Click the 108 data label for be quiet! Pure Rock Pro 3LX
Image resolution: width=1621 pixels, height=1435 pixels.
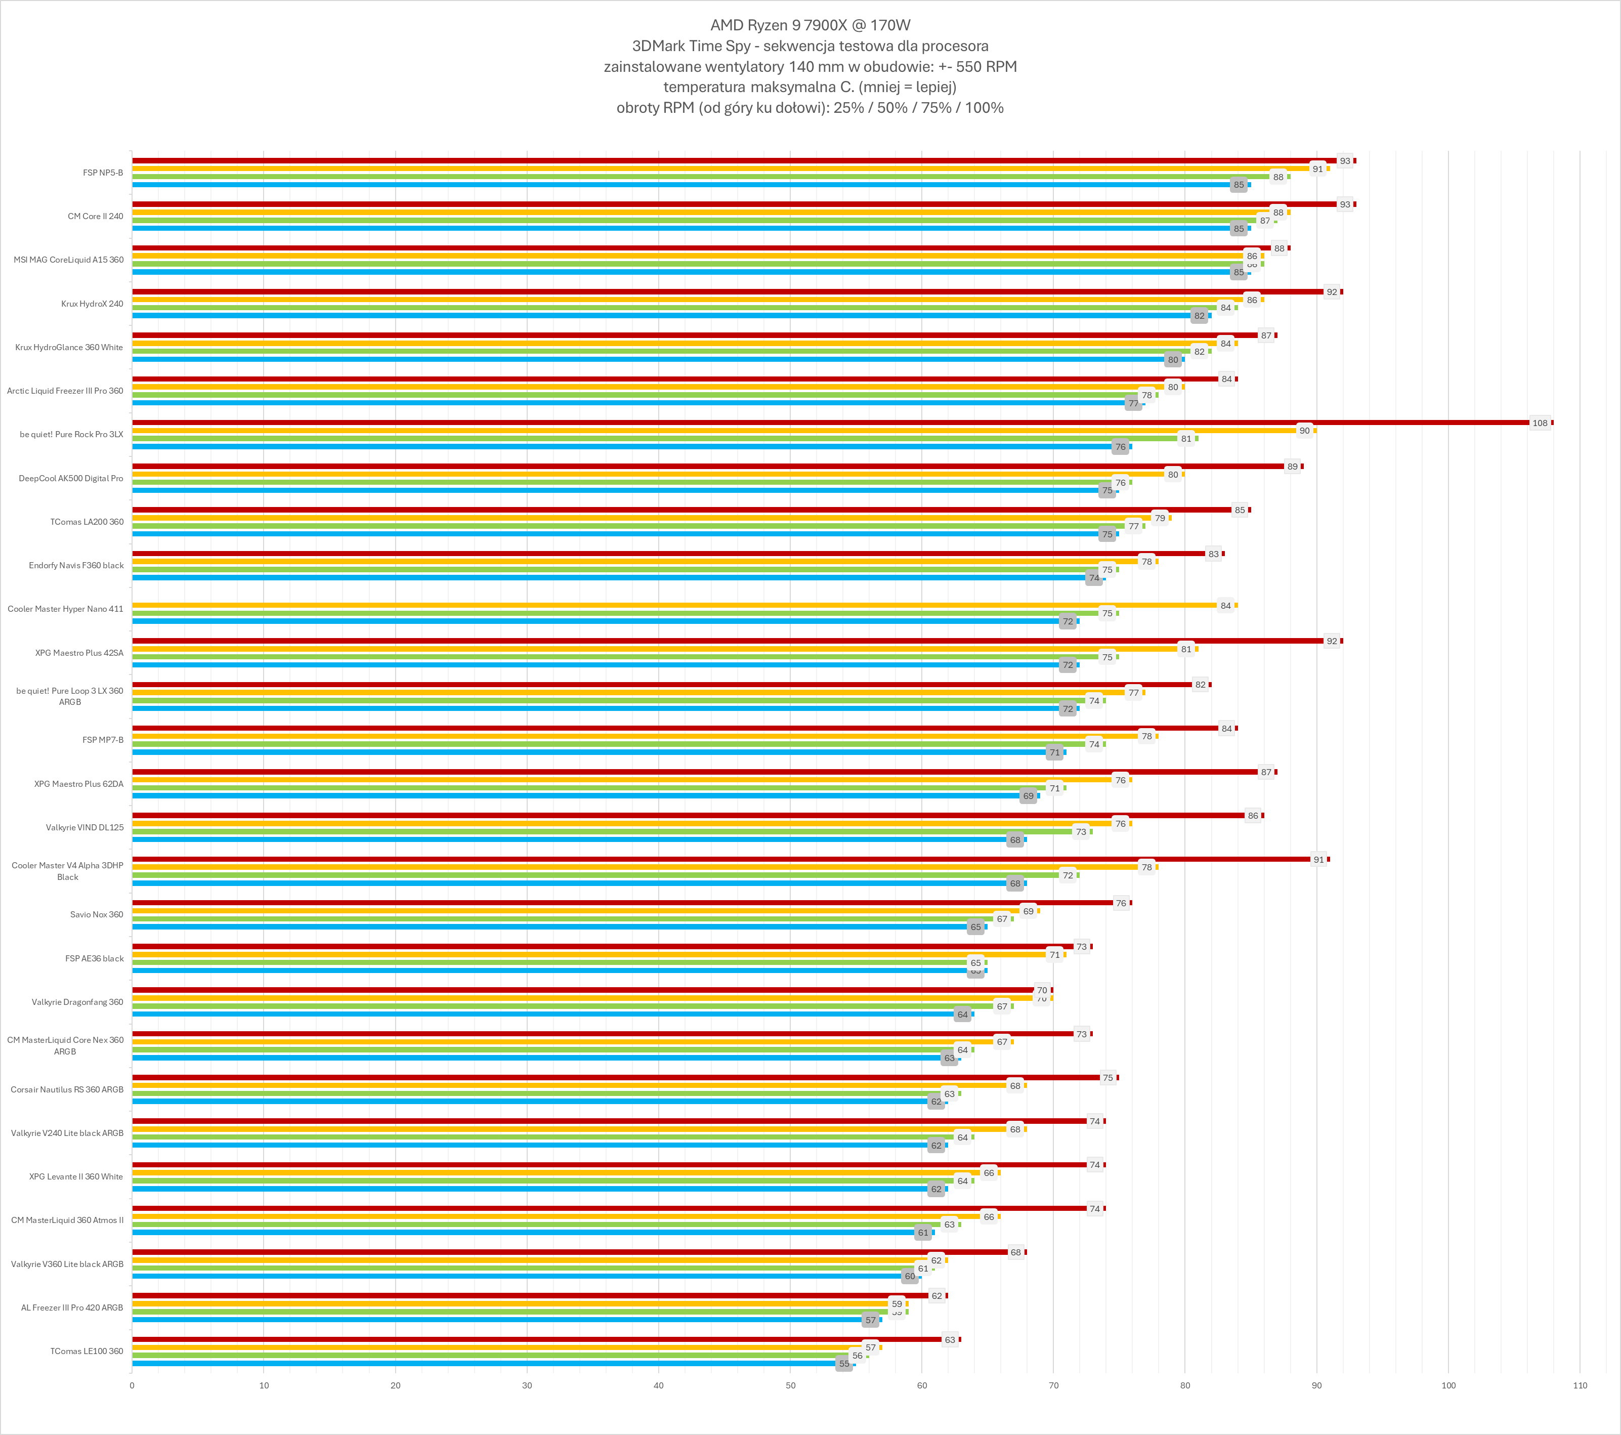(x=1540, y=423)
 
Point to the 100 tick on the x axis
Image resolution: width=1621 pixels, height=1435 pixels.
(x=1448, y=1385)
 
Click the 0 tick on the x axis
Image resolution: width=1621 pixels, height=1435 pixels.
(x=132, y=1385)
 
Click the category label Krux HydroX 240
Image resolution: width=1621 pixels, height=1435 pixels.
(x=92, y=304)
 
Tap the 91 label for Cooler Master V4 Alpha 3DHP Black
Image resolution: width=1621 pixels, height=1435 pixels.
(x=1318, y=859)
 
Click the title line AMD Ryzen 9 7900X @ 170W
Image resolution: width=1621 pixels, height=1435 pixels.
(x=809, y=25)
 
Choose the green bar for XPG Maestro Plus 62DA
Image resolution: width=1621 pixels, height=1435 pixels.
(x=587, y=788)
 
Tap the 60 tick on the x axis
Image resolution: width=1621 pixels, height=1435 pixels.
(x=921, y=1385)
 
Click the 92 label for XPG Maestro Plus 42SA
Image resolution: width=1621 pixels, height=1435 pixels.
(x=1332, y=641)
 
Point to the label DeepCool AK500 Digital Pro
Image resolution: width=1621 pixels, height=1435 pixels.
(x=71, y=478)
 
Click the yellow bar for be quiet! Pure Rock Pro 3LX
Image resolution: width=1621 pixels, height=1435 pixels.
(x=714, y=431)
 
